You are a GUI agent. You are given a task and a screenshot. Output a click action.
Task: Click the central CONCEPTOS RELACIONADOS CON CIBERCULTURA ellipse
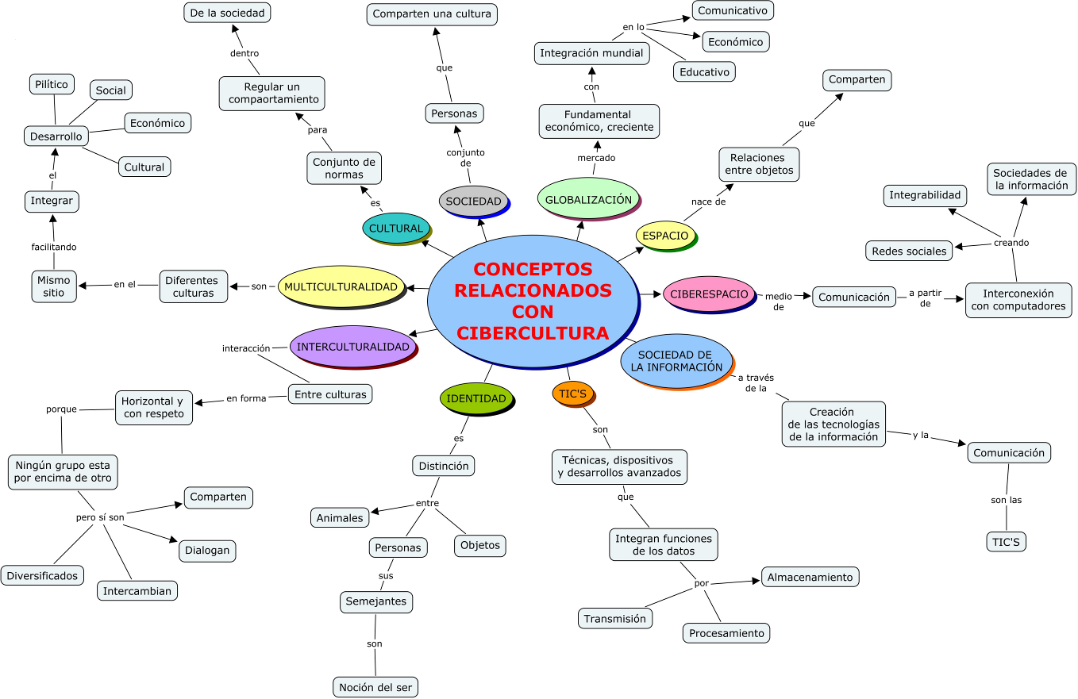pos(533,301)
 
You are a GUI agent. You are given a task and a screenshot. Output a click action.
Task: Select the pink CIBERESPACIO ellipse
pos(708,294)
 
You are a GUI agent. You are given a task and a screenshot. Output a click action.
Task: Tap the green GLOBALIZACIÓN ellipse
pos(587,199)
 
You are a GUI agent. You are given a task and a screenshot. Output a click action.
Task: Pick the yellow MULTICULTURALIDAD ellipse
pos(341,286)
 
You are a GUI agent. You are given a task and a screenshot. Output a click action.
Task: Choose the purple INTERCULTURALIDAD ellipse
pos(352,346)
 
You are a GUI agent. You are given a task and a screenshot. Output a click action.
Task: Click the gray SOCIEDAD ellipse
pos(473,201)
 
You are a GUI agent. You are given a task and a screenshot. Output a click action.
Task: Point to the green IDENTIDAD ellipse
pos(475,398)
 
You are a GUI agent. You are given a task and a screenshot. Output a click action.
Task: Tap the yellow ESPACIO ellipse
pos(665,236)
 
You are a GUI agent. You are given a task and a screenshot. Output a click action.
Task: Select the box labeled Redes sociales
pos(908,251)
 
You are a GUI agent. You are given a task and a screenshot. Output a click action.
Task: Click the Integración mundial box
pos(591,53)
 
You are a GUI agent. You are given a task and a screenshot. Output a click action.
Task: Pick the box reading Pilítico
pos(52,83)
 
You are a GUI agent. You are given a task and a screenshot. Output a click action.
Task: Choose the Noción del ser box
pos(375,687)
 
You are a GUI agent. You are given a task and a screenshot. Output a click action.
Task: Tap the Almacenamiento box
pos(810,577)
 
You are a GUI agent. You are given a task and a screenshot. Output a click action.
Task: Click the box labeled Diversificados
pos(43,575)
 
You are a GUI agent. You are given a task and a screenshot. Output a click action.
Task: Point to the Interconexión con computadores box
pos(1018,300)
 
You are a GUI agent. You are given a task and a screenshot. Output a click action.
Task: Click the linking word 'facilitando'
pos(54,247)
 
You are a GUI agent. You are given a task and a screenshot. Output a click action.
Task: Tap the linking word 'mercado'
pos(595,158)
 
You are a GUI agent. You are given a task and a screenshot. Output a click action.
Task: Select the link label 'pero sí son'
pos(100,517)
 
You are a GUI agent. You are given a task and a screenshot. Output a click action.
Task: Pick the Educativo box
pos(703,71)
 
